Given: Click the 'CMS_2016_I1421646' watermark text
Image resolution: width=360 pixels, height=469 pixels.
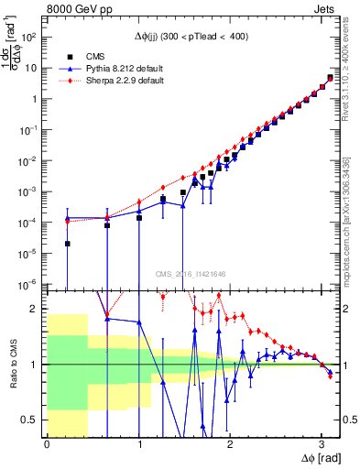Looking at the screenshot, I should [191, 273].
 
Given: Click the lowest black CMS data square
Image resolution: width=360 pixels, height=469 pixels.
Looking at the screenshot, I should [68, 244].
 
